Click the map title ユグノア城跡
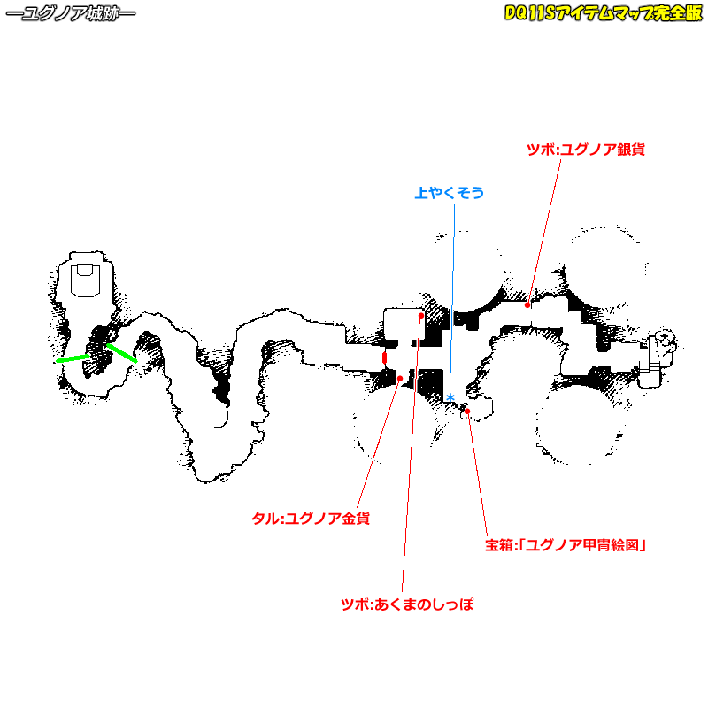[70, 15]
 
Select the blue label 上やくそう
[450, 192]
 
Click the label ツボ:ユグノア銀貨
[585, 150]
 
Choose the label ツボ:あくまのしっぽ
[407, 605]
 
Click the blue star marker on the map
[450, 397]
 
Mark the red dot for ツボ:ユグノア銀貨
[528, 304]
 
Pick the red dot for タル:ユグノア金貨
[401, 379]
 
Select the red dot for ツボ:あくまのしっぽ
[421, 315]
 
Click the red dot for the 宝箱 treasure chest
[467, 411]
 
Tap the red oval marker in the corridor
[385, 358]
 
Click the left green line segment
[73, 358]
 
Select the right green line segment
[122, 353]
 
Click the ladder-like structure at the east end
[655, 358]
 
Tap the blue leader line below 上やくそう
[452, 292]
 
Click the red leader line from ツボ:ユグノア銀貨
[544, 230]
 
